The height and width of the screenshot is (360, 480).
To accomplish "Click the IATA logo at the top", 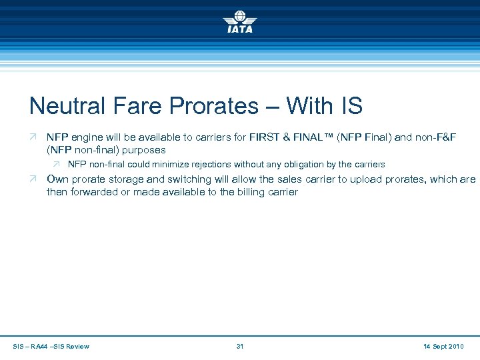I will pos(239,21).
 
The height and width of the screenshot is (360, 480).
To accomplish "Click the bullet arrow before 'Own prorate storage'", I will pos(33,179).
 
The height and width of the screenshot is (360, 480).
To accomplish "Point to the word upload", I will pos(363,179).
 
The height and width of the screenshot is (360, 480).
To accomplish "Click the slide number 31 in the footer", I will pos(241,346).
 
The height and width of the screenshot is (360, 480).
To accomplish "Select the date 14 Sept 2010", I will pos(442,346).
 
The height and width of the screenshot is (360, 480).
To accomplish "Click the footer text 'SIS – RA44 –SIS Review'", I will pos(51,346).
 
